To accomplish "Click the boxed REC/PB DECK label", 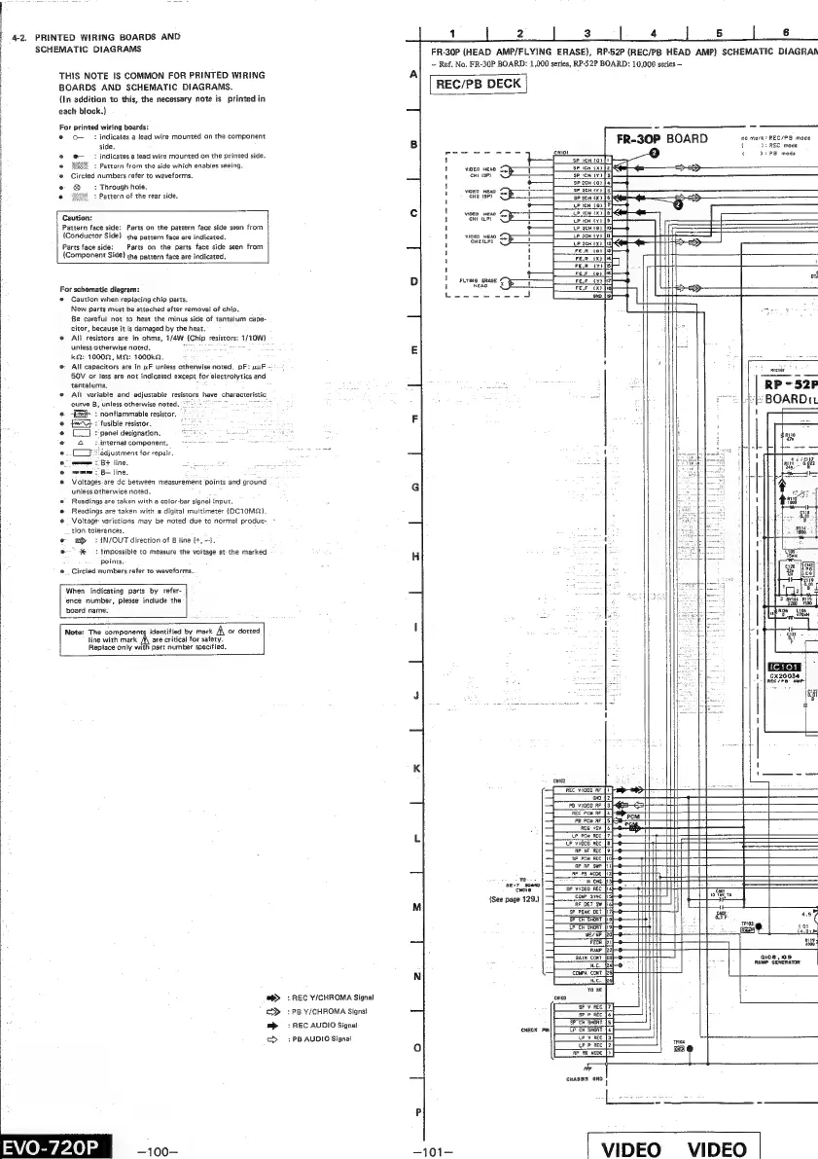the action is click(478, 84).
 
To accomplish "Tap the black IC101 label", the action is click(787, 667).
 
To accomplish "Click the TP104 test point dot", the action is click(690, 1048).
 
